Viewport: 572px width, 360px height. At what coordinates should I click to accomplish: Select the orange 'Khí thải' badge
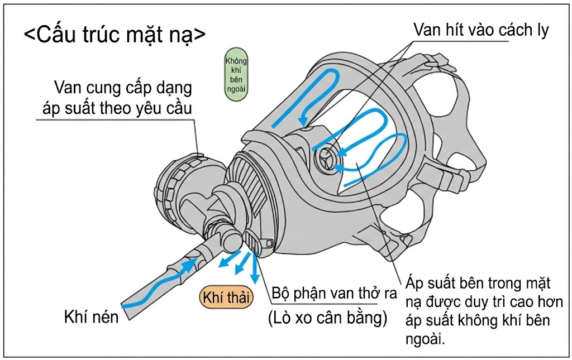pos(227,297)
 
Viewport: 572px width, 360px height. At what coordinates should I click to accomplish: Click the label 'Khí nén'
pos(92,318)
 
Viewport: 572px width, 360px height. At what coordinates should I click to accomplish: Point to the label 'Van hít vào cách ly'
pos(481,30)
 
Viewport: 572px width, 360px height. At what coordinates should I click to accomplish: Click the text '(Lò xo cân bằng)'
pos(327,319)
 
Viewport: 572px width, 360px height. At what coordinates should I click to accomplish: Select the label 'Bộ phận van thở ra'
pos(327,294)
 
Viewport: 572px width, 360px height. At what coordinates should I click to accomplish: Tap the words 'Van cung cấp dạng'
pos(123,88)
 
